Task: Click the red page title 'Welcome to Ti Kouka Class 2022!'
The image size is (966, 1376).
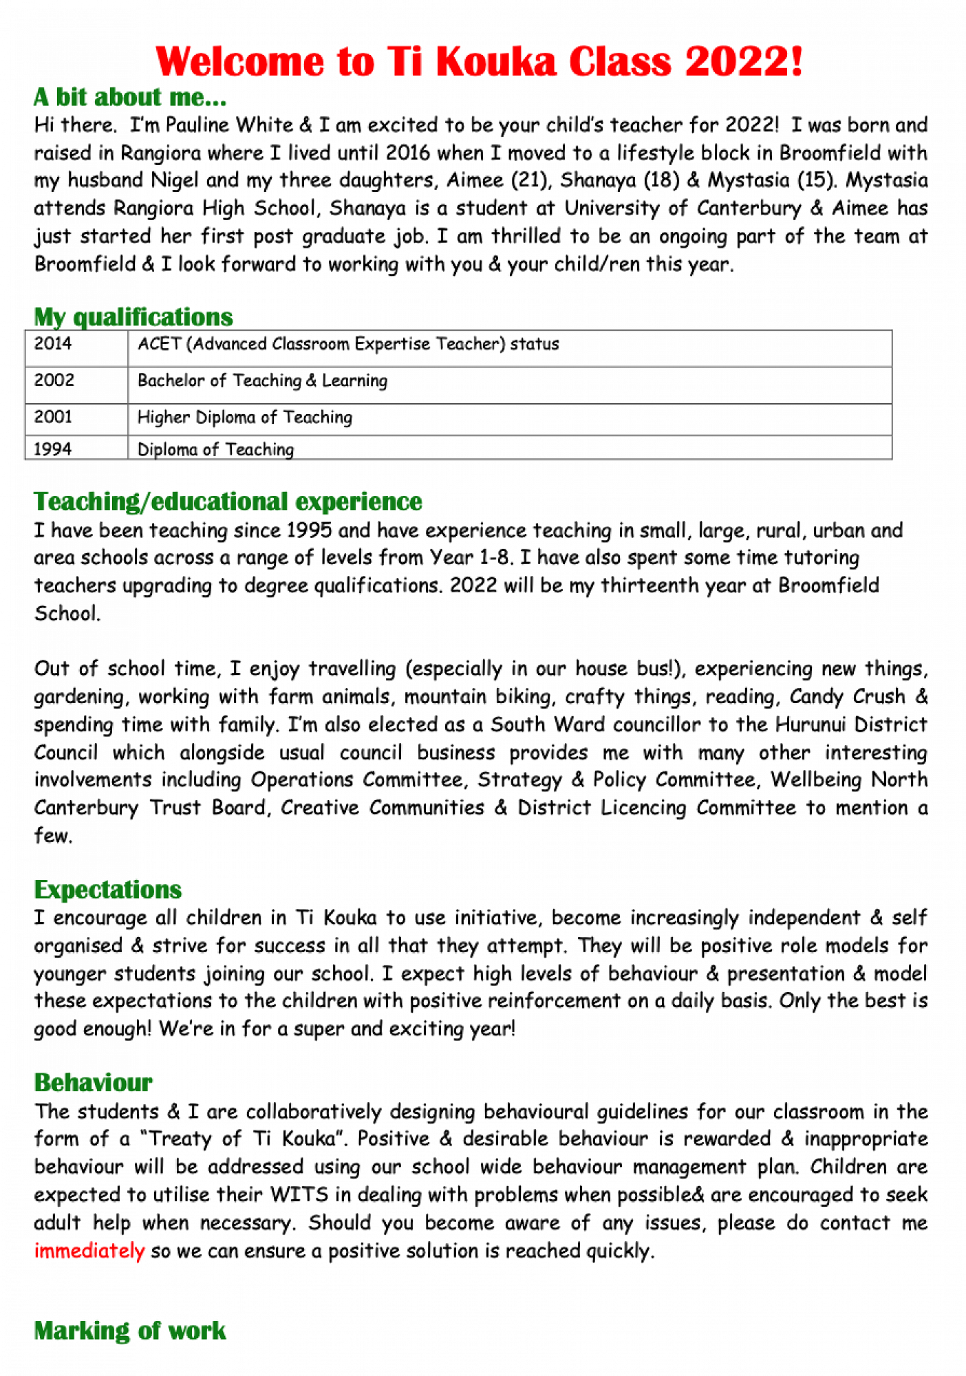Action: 480,62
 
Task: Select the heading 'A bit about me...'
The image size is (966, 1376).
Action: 130,98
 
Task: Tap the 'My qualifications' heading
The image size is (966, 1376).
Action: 133,317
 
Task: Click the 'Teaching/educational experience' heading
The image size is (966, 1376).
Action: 228,502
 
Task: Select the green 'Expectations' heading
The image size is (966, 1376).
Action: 108,890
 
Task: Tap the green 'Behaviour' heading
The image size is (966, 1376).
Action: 94,1083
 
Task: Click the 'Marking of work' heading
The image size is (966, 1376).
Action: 130,1331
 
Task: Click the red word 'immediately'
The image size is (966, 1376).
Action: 89,1251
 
